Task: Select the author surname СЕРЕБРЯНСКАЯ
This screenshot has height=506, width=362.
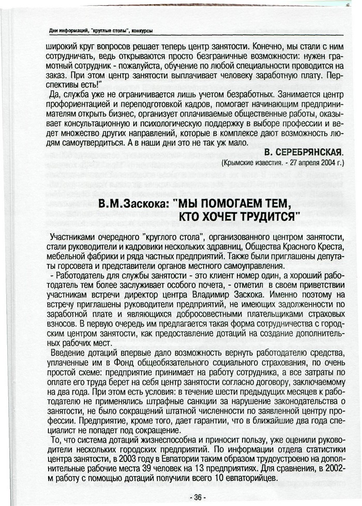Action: [x=311, y=152]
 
